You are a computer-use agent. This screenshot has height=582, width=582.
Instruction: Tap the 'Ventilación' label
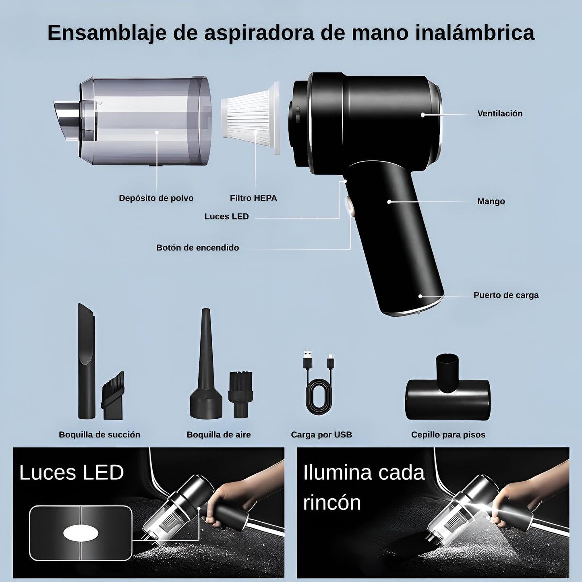pos(499,114)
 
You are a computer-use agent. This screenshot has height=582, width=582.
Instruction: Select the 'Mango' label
pos(491,201)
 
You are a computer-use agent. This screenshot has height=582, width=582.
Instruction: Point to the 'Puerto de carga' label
pos(505,295)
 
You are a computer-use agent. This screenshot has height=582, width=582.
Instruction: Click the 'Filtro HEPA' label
pos(253,198)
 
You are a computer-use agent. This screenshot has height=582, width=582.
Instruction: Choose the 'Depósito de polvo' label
pos(156,198)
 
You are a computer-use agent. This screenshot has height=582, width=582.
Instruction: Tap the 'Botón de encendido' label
pos(197,248)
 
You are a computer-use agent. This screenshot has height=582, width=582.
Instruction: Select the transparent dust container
pos(145,121)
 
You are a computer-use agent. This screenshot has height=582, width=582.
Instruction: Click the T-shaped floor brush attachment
pos(447,393)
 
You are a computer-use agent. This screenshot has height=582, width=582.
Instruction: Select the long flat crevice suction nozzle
pos(86,362)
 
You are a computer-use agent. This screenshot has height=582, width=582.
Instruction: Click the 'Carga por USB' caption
pos(321,435)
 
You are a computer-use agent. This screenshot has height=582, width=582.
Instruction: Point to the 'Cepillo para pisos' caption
pos(448,435)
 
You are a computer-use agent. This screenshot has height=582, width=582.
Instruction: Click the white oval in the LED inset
pos(81,533)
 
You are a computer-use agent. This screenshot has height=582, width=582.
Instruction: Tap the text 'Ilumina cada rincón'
pos(362,487)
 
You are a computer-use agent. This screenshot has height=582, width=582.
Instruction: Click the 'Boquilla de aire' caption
pos(218,435)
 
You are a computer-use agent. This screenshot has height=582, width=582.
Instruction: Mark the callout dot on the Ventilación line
pos(423,115)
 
